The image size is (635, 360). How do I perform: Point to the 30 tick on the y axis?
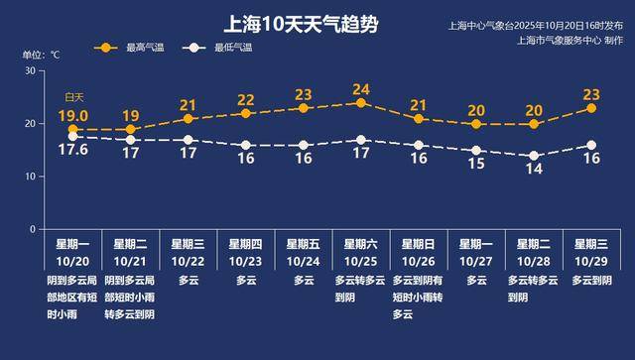(x=30, y=71)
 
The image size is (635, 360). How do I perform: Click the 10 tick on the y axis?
(x=30, y=177)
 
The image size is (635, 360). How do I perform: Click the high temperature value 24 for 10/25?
(x=361, y=90)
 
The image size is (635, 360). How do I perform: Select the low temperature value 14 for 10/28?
(x=535, y=170)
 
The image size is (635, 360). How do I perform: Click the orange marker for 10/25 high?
(x=361, y=103)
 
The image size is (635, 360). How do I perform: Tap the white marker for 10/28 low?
(x=534, y=156)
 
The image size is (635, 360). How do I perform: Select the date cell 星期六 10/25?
(x=361, y=251)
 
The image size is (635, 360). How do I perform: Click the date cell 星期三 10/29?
(x=592, y=251)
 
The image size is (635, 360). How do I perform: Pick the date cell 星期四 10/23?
(x=246, y=251)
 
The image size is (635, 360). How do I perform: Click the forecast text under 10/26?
(x=419, y=298)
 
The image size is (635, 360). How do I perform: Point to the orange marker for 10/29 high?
(x=591, y=108)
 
